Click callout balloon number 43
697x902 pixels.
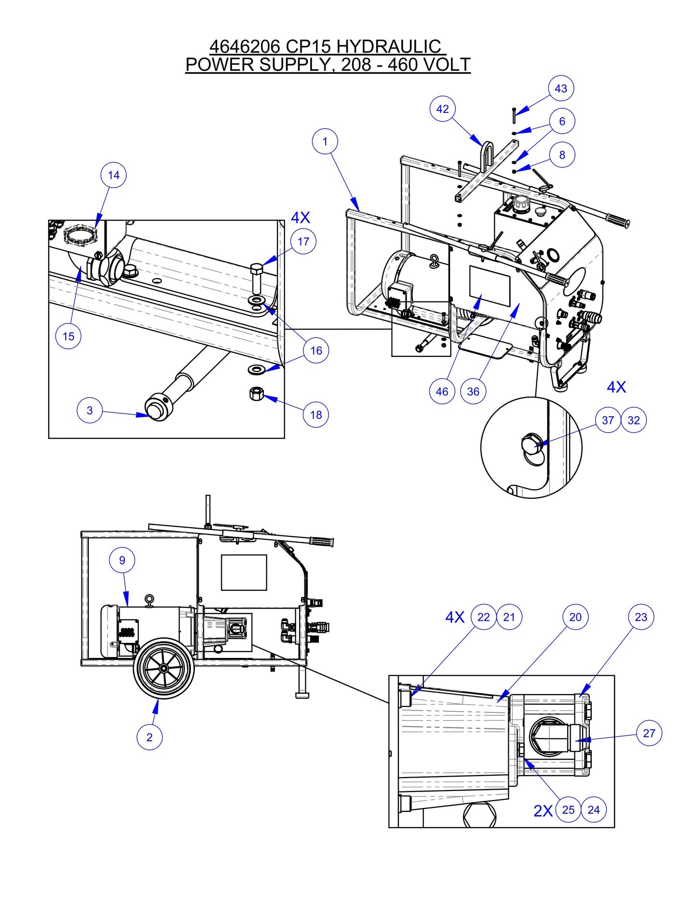pos(561,89)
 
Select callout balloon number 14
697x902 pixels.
pos(113,175)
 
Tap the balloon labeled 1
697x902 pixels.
pos(325,141)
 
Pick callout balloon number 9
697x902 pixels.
pos(122,560)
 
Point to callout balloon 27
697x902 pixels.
pos(649,733)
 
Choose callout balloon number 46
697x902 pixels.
pos(442,392)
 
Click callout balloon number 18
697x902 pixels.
pos(316,415)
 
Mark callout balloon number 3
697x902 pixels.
pos(90,410)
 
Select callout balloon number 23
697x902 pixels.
pos(641,617)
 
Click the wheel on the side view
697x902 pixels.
pos(164,668)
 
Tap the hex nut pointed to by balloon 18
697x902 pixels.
pos(256,394)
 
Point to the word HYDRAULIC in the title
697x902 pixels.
pos(388,47)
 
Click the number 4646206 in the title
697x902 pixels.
pos(245,47)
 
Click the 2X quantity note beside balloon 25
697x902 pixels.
pos(543,811)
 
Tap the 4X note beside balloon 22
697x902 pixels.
pos(454,617)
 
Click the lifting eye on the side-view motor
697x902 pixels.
pos(150,600)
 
